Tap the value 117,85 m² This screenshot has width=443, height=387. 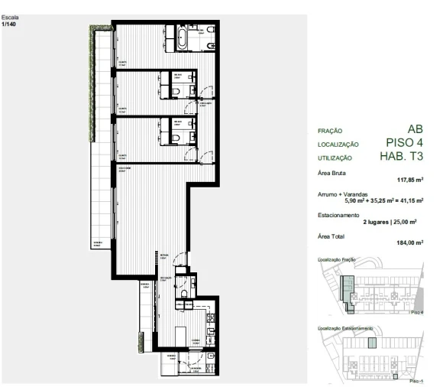click(410, 181)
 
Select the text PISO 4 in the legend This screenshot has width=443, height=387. click(405, 142)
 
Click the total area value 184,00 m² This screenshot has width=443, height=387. click(410, 243)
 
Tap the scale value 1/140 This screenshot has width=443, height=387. click(9, 24)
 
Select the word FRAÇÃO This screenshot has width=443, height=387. click(329, 132)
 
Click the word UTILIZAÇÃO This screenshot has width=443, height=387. click(335, 158)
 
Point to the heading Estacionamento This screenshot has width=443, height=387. click(339, 215)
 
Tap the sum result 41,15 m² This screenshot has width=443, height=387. click(409, 200)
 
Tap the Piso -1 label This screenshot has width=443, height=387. click(416, 380)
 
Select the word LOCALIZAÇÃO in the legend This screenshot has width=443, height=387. click(338, 145)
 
